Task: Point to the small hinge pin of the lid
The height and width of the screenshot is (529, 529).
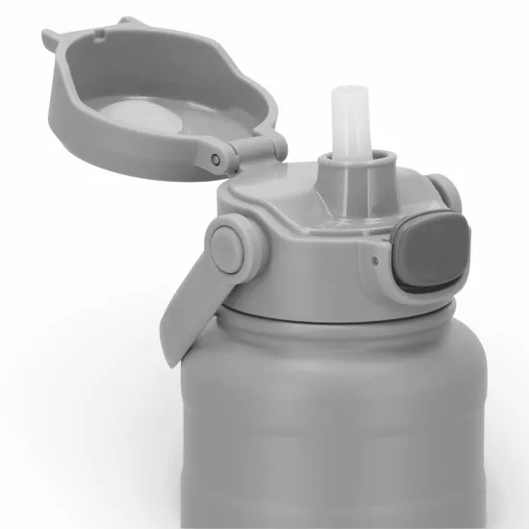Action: click(x=215, y=159)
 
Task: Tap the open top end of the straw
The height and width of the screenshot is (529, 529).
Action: click(x=343, y=93)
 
